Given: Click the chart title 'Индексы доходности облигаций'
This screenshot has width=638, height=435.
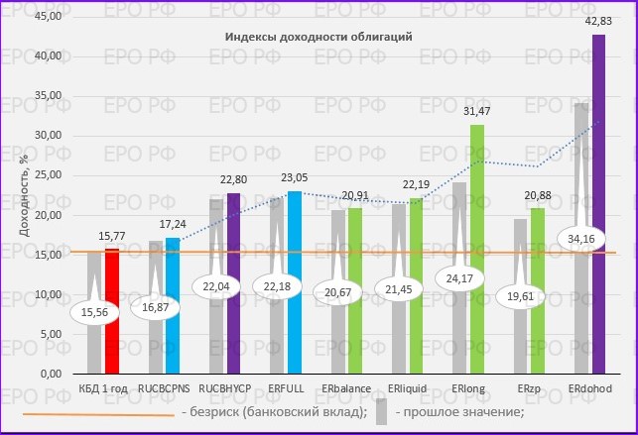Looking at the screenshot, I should click(x=318, y=37).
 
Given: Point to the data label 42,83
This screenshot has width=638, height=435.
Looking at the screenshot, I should click(x=599, y=21).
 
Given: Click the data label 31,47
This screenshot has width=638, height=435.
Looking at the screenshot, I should click(x=477, y=111).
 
